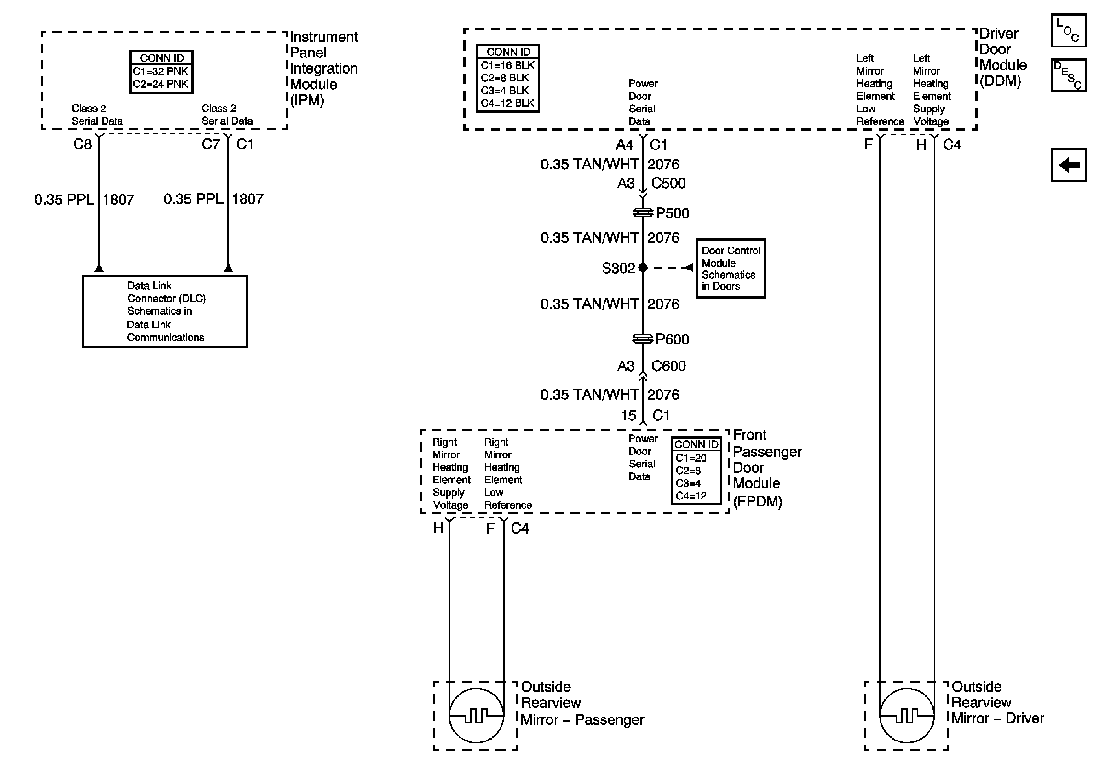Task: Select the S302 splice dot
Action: (x=643, y=268)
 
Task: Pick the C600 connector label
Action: (x=668, y=366)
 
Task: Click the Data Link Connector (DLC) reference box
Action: (x=165, y=311)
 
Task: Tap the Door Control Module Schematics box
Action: (x=731, y=269)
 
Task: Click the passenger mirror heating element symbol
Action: (x=476, y=715)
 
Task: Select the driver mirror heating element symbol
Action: (x=907, y=715)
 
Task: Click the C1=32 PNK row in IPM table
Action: (x=161, y=71)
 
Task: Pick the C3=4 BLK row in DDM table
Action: (x=505, y=91)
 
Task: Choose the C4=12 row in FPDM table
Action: (x=691, y=496)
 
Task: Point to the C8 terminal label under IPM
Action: (x=82, y=144)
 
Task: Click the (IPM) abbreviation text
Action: (x=307, y=100)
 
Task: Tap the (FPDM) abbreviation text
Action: (x=758, y=502)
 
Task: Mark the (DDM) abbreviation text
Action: (x=1001, y=81)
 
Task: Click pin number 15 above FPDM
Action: (x=628, y=415)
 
